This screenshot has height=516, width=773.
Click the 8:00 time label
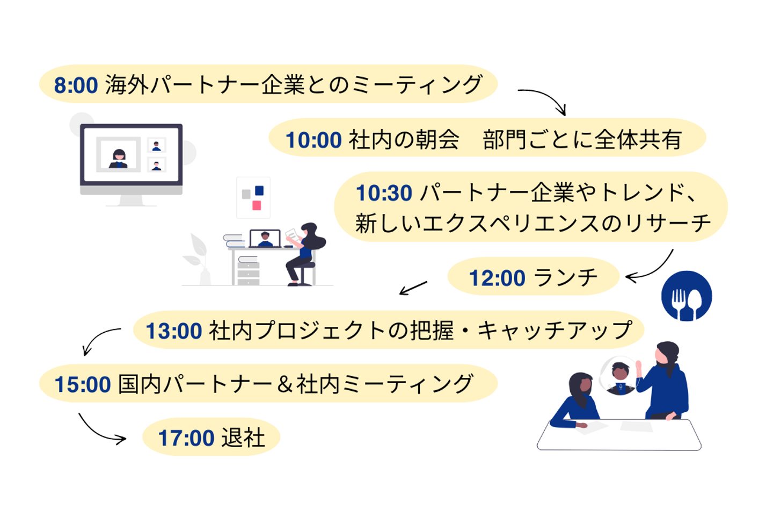coord(76,85)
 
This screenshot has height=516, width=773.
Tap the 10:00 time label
coord(313,140)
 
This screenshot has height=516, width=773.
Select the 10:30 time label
coord(384,193)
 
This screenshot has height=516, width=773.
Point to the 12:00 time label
coord(497,278)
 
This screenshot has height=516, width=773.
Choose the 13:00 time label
coord(174,331)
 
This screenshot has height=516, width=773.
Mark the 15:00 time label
coord(83,384)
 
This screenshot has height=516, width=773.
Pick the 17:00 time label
coord(186,438)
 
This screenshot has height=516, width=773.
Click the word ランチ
coord(566,277)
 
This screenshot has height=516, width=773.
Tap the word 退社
coord(243,438)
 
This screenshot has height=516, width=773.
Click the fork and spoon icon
coord(687,296)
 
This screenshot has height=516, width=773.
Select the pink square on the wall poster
coord(257,205)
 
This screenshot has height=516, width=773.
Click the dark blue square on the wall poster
coord(259,190)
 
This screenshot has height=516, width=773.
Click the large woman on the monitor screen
coord(119,159)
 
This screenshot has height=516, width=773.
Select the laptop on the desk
coord(265,239)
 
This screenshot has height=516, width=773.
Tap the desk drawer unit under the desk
coord(249,274)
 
